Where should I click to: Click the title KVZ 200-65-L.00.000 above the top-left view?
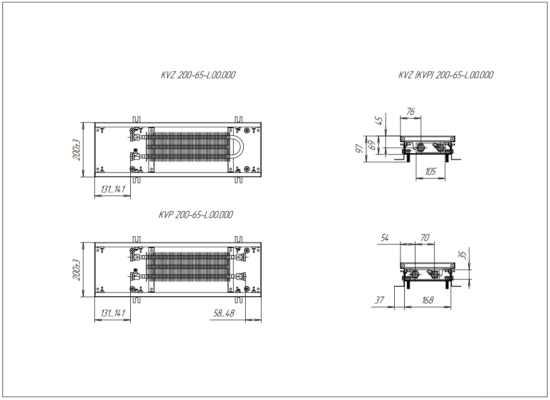(x=198, y=75)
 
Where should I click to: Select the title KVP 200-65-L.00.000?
(x=196, y=215)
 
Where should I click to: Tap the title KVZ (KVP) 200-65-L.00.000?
(x=446, y=75)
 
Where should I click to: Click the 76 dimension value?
(x=410, y=112)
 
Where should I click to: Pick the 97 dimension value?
(x=358, y=148)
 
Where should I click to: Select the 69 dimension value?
(x=371, y=145)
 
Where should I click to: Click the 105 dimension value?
(x=430, y=172)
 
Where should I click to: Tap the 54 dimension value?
(x=385, y=238)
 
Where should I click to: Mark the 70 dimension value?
(x=425, y=238)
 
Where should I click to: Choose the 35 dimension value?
(x=462, y=255)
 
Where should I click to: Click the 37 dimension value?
(x=379, y=300)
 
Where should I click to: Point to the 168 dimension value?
(x=427, y=300)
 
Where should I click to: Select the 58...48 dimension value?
(x=224, y=313)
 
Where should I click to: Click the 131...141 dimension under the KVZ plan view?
(x=112, y=189)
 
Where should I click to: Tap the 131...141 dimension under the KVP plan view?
(x=112, y=313)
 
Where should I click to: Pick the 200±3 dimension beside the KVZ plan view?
(x=77, y=150)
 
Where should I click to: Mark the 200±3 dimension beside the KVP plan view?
(x=77, y=270)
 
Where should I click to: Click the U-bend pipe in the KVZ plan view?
(x=239, y=146)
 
